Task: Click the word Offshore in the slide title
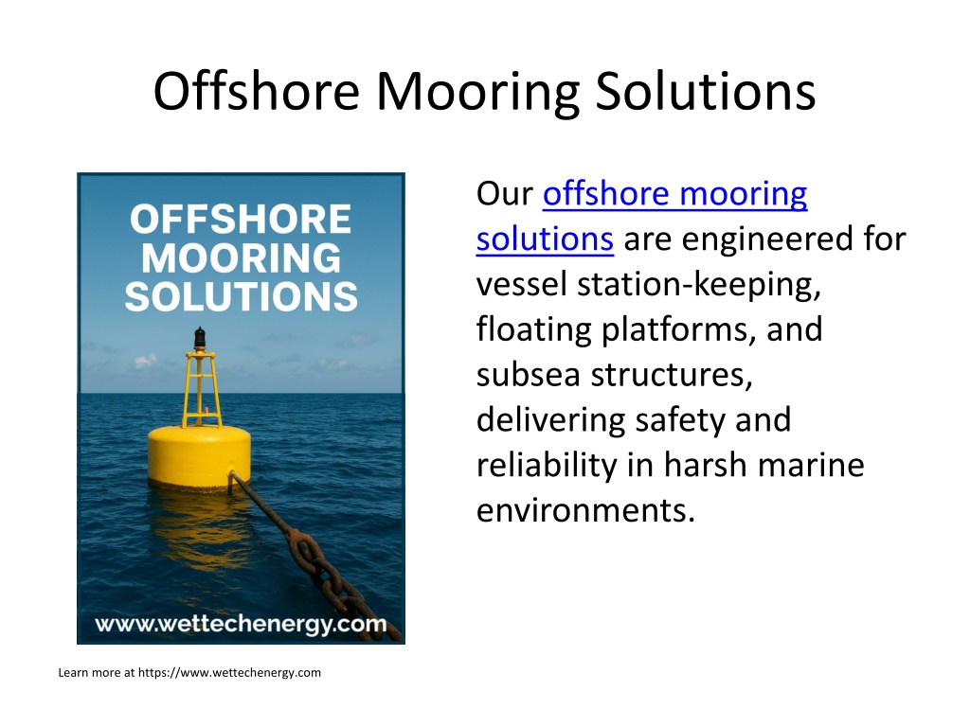click(256, 91)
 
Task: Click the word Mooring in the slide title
click(477, 93)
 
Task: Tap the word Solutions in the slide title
click(705, 91)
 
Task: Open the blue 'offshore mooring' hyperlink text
click(674, 195)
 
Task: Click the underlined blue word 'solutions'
click(545, 239)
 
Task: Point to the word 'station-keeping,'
click(699, 285)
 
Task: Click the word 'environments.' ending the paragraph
click(585, 510)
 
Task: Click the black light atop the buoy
click(199, 339)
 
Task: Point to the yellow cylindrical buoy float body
click(199, 455)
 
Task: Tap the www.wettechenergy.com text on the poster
click(241, 624)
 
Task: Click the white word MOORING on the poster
click(242, 257)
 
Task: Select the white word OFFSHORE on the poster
click(241, 219)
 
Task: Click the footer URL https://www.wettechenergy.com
click(229, 673)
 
